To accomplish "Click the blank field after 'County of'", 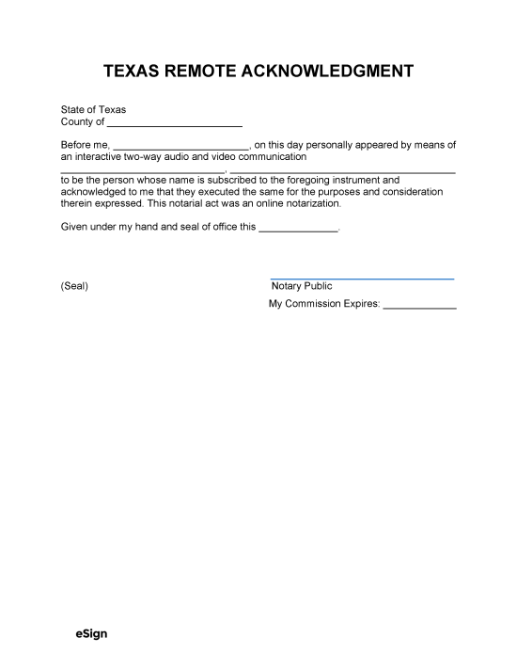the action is pos(174,123).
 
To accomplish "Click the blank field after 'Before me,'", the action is pos(180,146).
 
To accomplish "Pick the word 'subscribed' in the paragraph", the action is pos(225,180).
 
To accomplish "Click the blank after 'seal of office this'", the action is pos(297,228).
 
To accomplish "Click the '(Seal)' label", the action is pos(74,286).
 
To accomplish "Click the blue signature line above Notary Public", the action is pos(362,279).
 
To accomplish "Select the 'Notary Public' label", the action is pos(301,286).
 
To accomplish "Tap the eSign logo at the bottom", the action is pos(91,634).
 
